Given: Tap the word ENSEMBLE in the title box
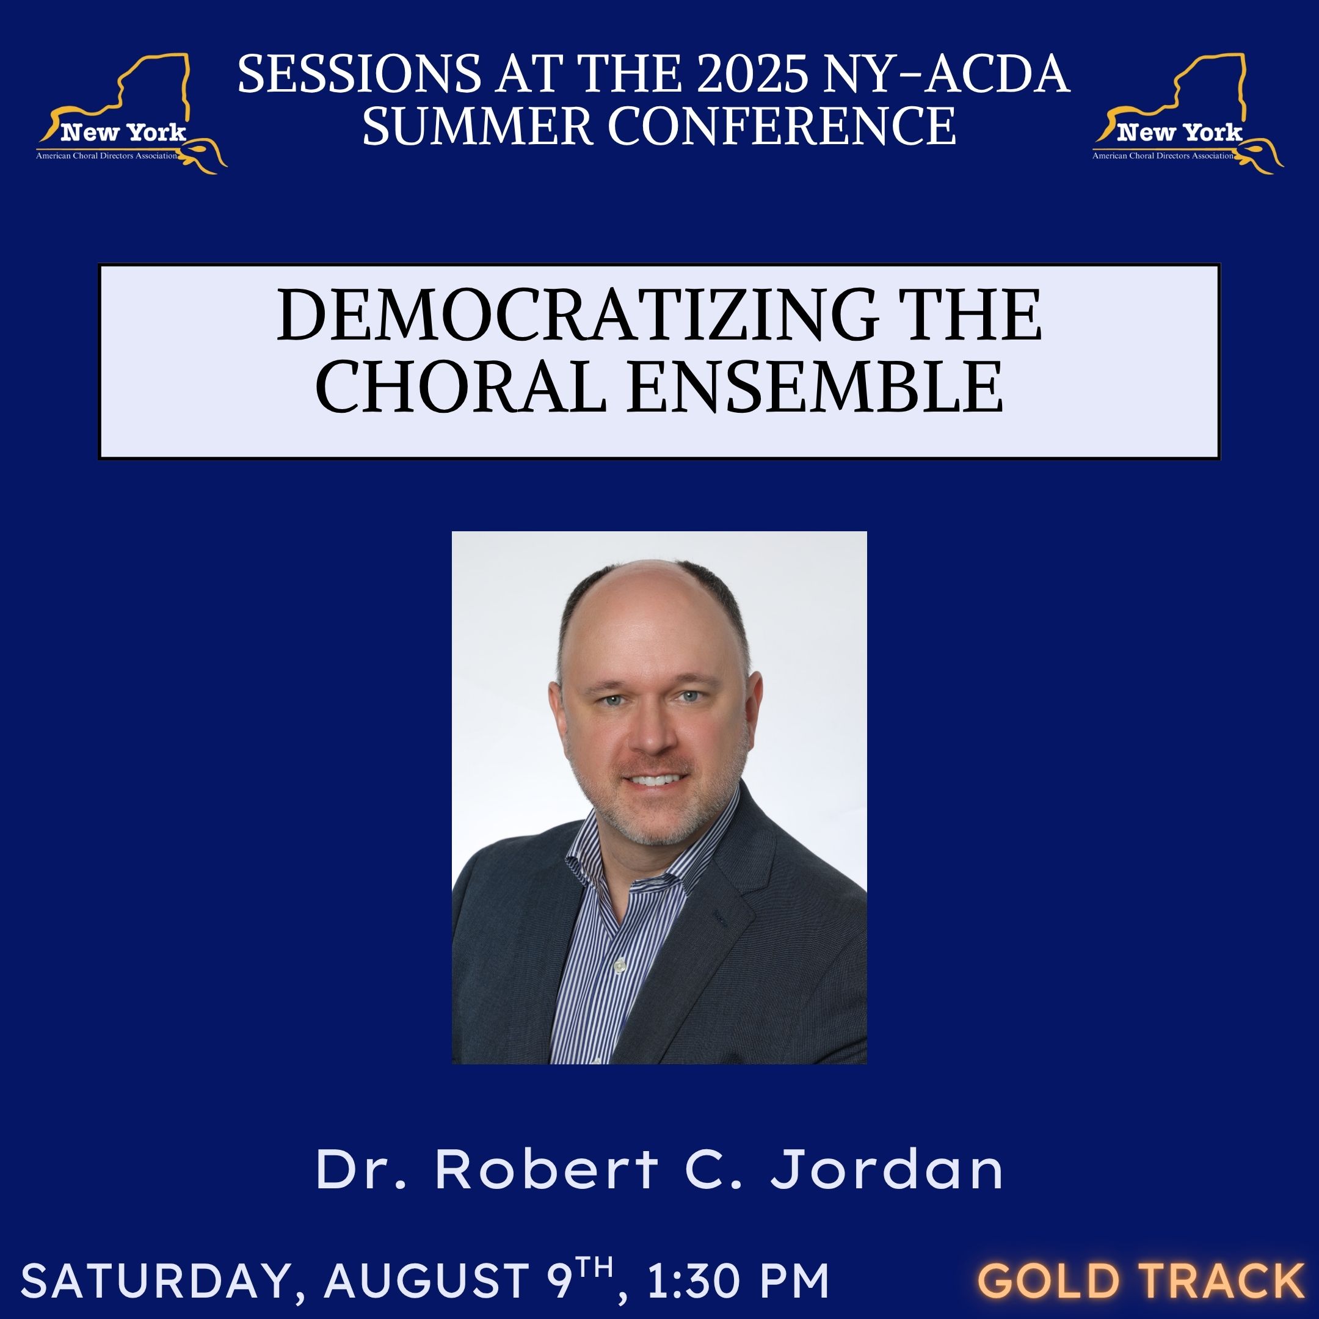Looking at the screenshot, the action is (815, 386).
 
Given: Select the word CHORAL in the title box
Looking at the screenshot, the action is (461, 386).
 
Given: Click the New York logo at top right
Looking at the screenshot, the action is (1188, 114).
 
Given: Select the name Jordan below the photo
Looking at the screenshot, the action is (887, 1169).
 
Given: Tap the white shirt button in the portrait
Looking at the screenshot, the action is (619, 966).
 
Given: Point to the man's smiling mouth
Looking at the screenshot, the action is (653, 779).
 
